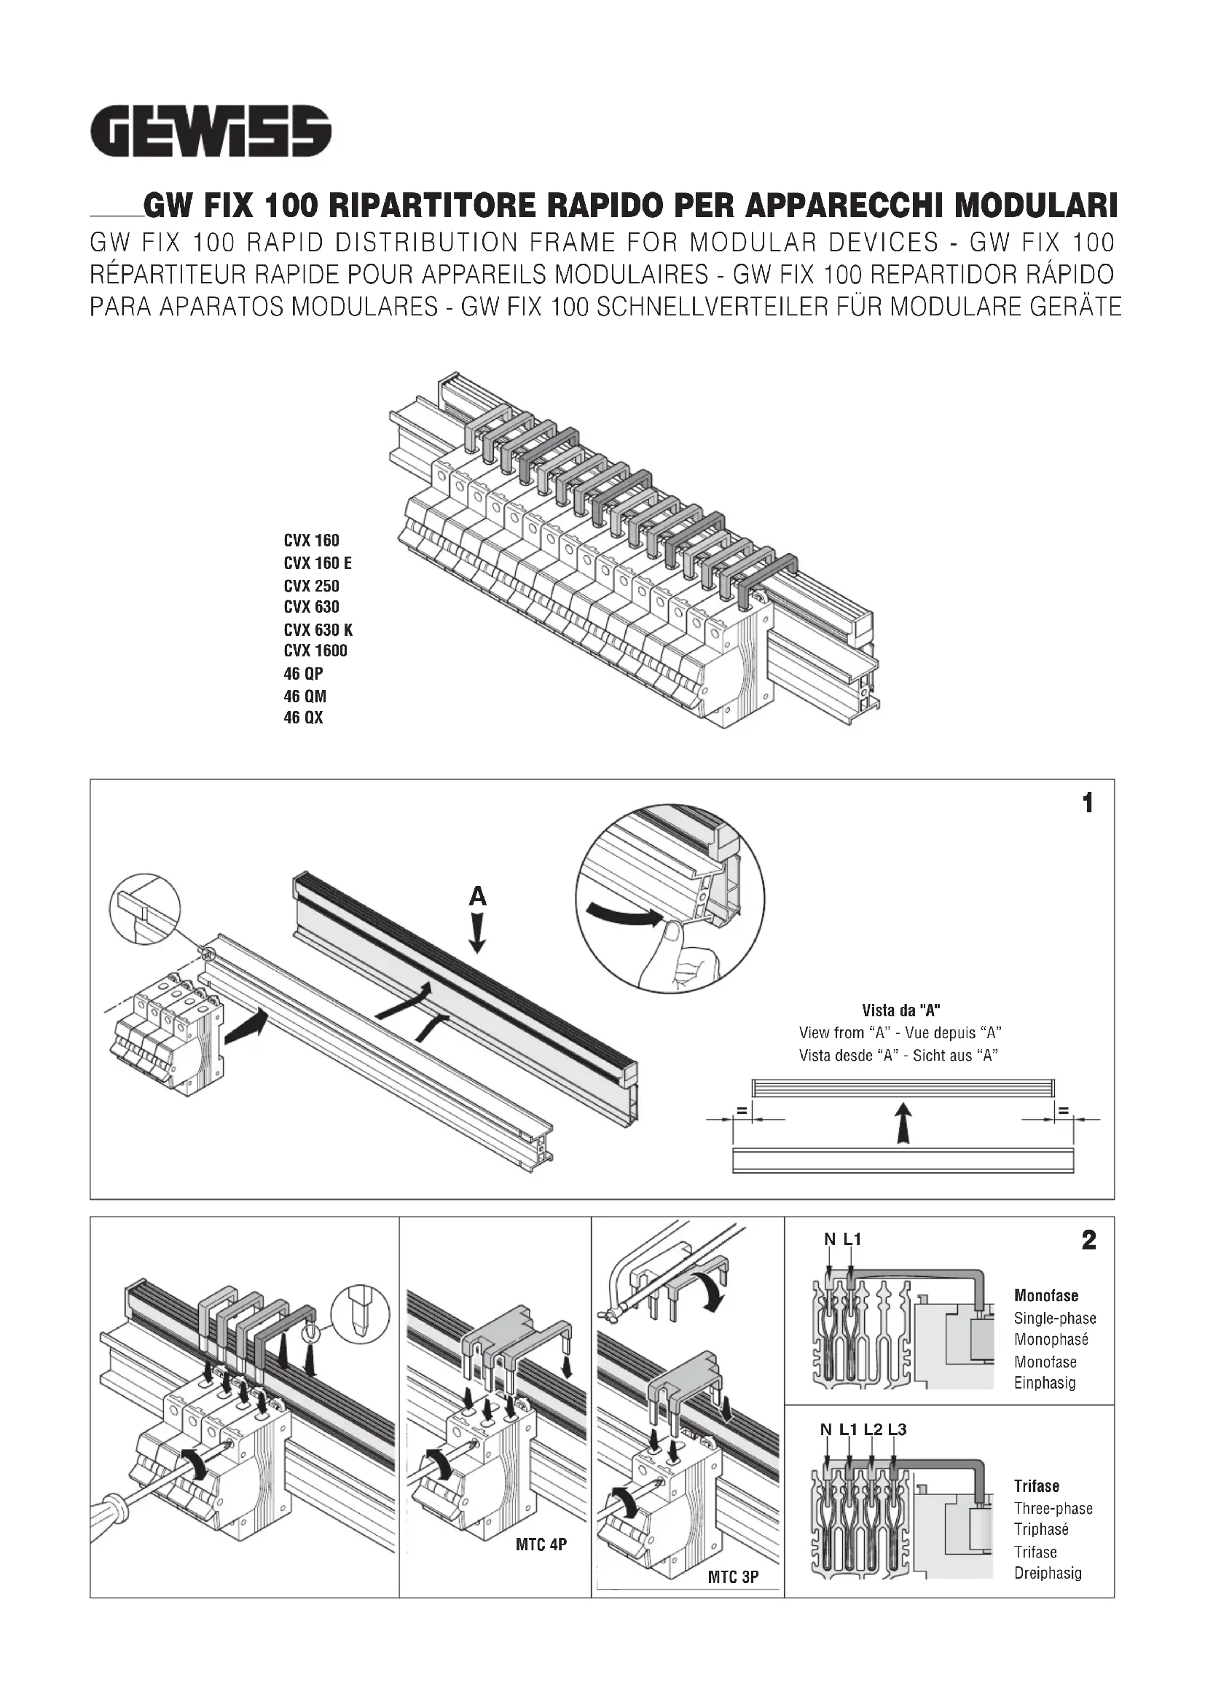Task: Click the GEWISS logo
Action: [211, 131]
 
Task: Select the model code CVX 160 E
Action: [318, 563]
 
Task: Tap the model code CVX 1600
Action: [315, 651]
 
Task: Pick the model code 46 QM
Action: [305, 696]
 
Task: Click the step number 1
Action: [1088, 803]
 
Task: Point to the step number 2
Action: [1088, 1240]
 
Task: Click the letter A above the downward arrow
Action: [478, 898]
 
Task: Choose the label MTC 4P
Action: [541, 1544]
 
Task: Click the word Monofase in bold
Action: [1046, 1295]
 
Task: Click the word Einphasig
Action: [1045, 1383]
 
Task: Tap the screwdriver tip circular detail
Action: [359, 1314]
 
